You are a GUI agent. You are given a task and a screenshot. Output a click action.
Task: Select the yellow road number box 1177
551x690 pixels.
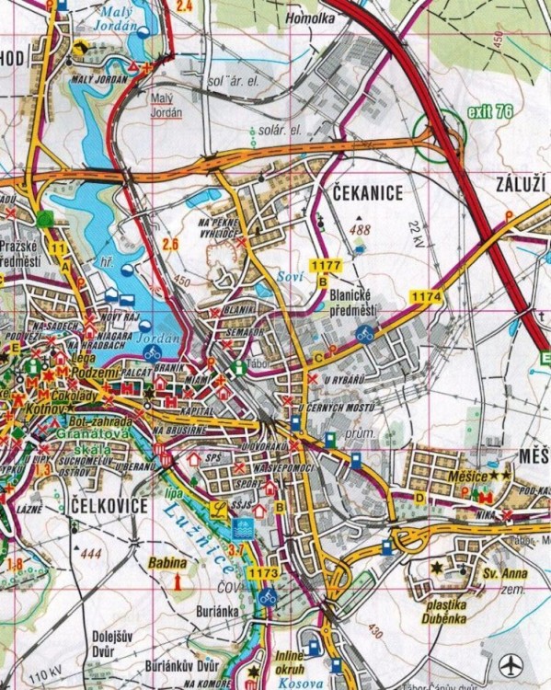326,265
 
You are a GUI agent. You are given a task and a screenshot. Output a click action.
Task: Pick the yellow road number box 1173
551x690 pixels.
262,573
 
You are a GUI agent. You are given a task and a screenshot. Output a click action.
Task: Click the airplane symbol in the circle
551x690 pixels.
510,663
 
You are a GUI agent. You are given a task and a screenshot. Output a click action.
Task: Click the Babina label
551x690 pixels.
166,562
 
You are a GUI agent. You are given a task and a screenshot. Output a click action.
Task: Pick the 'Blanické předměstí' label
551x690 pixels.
353,305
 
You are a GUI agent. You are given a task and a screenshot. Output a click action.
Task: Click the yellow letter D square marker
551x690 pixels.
419,498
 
